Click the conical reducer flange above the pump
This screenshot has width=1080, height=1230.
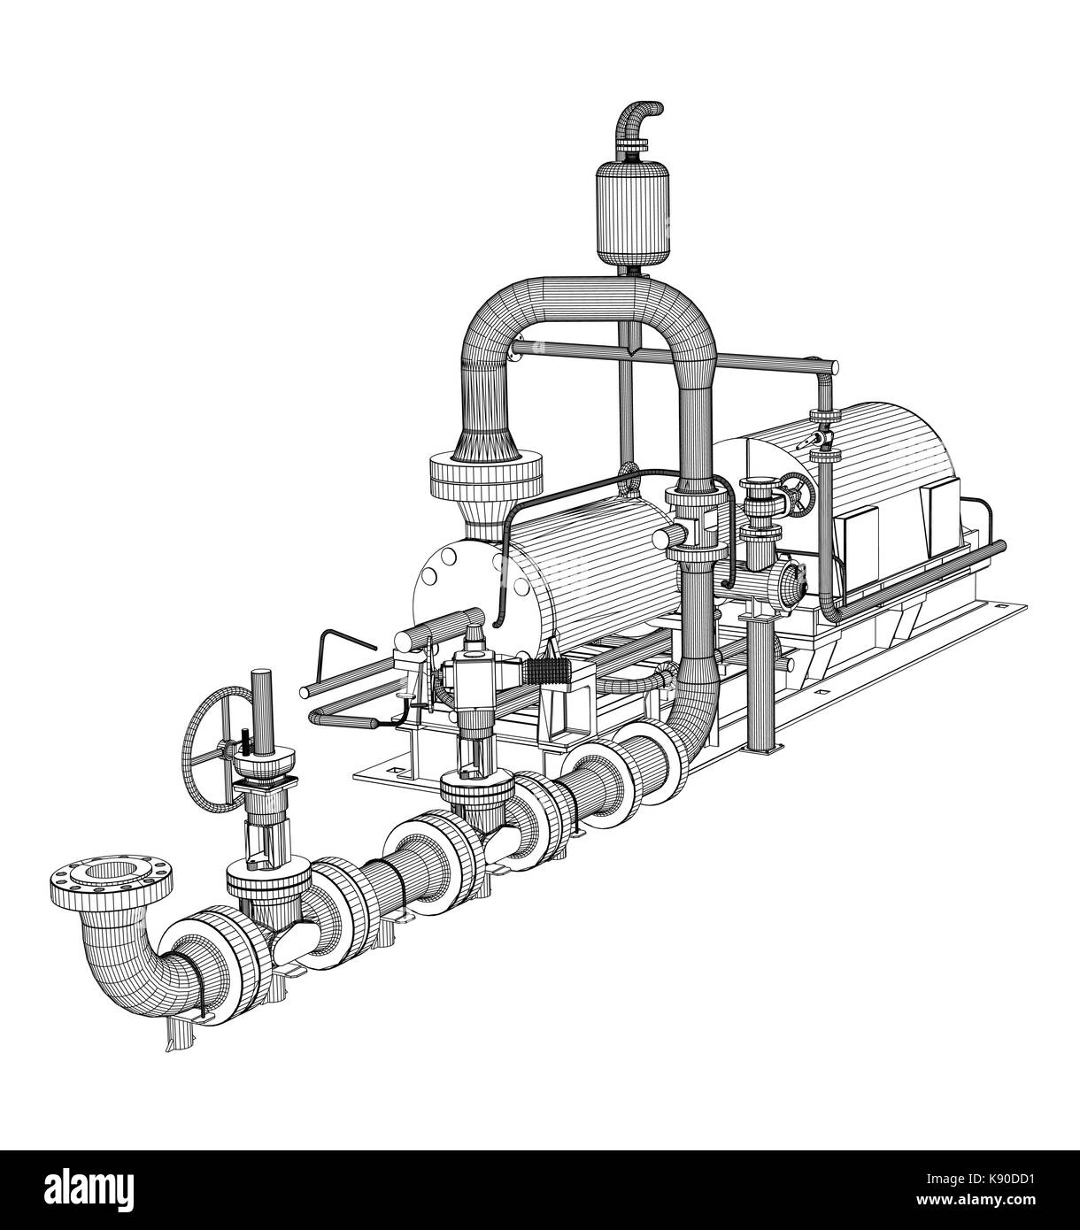coord(484,478)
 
